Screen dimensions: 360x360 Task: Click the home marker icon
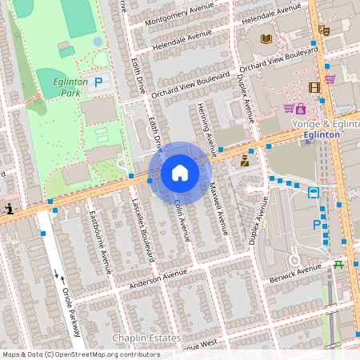coord(180,173)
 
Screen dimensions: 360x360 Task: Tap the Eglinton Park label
coord(54,87)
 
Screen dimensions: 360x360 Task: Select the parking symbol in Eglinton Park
coord(99,82)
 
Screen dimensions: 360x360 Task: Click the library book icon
coord(266,38)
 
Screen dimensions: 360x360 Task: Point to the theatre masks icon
coord(323,30)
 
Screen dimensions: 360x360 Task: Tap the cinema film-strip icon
coord(314,86)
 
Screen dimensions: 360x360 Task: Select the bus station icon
coord(314,192)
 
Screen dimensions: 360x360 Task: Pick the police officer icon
coord(245,161)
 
